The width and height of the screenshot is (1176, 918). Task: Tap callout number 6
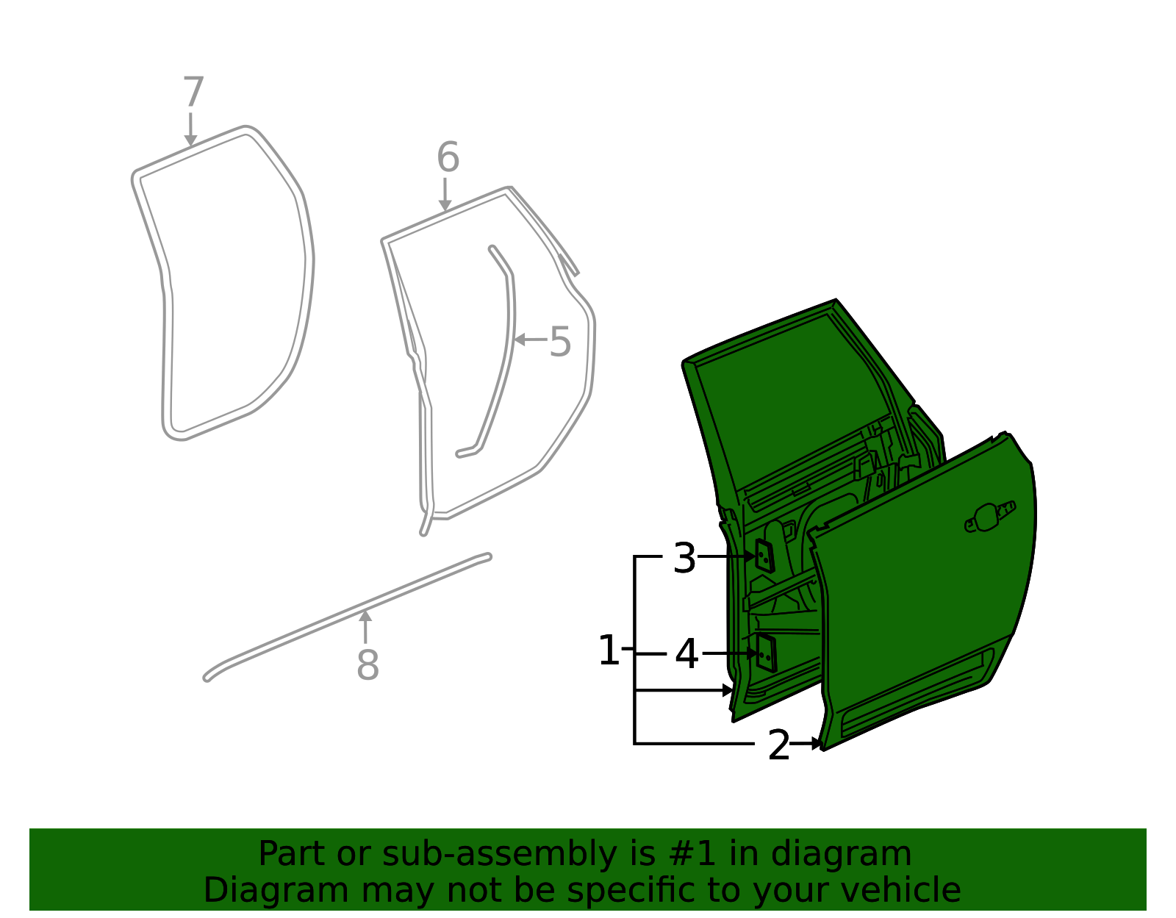coord(448,157)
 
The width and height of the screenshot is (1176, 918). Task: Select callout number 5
coord(560,341)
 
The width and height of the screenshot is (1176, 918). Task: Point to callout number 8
coord(368,665)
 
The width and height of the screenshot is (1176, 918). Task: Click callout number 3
coord(684,559)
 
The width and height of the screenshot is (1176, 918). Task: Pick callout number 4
coord(686,654)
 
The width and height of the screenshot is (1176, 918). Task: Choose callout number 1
coord(609,650)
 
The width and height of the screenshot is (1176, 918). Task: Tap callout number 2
coord(779,745)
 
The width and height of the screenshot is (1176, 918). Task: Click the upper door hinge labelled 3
coord(765,556)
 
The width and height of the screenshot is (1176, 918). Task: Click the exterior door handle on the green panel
coord(990,517)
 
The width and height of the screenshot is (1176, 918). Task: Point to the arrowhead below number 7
coord(190,140)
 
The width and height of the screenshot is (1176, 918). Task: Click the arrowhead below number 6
coord(445,206)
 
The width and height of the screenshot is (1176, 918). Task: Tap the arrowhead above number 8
coord(365,616)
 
